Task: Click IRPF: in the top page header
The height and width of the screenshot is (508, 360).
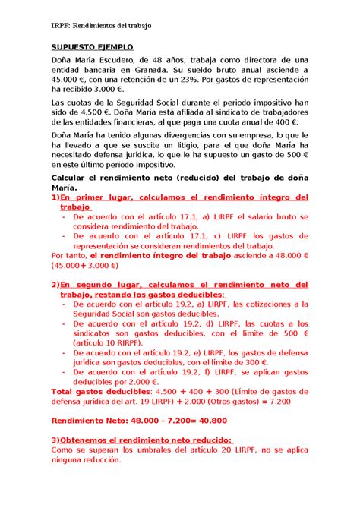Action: [x=61, y=25]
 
